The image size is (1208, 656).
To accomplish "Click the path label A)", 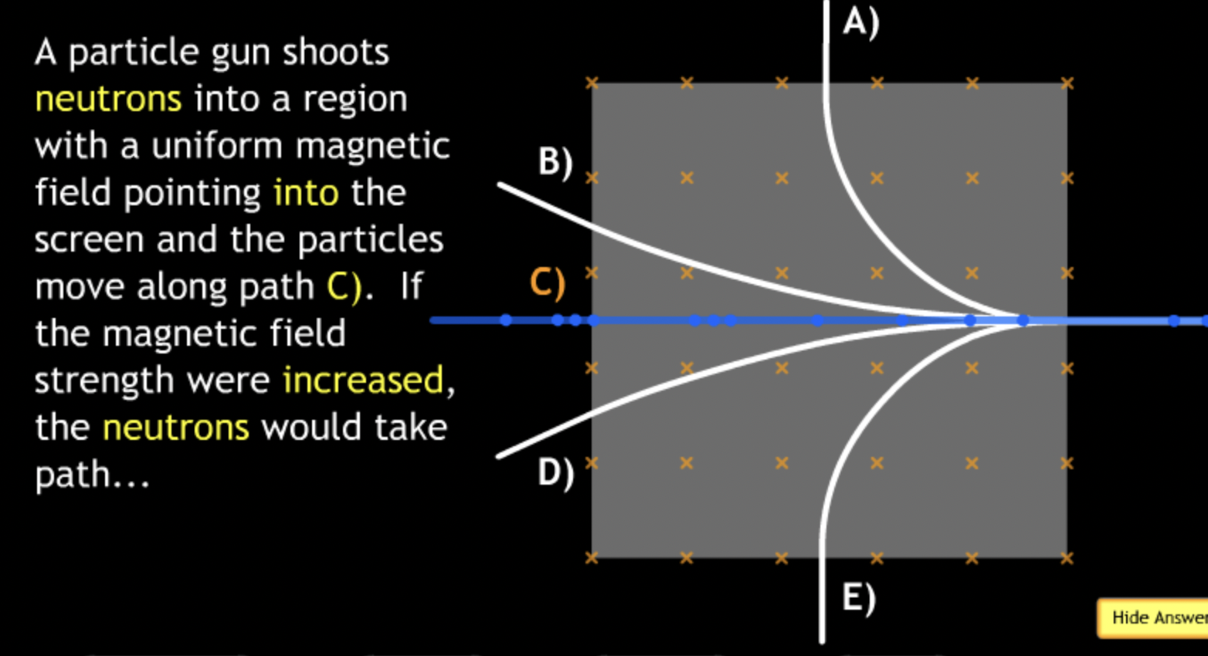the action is click(860, 22).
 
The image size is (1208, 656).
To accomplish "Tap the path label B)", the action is click(555, 162).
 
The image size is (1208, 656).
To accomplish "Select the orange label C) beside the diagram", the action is click(548, 283).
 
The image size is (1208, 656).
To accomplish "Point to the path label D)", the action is click(555, 472).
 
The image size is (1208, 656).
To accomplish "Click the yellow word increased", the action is click(363, 380).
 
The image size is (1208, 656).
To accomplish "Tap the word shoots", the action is click(335, 52).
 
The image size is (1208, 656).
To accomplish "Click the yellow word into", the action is click(306, 193).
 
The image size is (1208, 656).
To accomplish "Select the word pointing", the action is click(192, 194).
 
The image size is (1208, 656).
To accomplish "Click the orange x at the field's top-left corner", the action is click(592, 83).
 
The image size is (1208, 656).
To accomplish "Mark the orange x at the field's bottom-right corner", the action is click(1067, 558).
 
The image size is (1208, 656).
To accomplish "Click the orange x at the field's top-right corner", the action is click(1067, 83).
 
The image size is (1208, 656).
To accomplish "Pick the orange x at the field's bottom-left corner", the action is click(592, 558).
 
